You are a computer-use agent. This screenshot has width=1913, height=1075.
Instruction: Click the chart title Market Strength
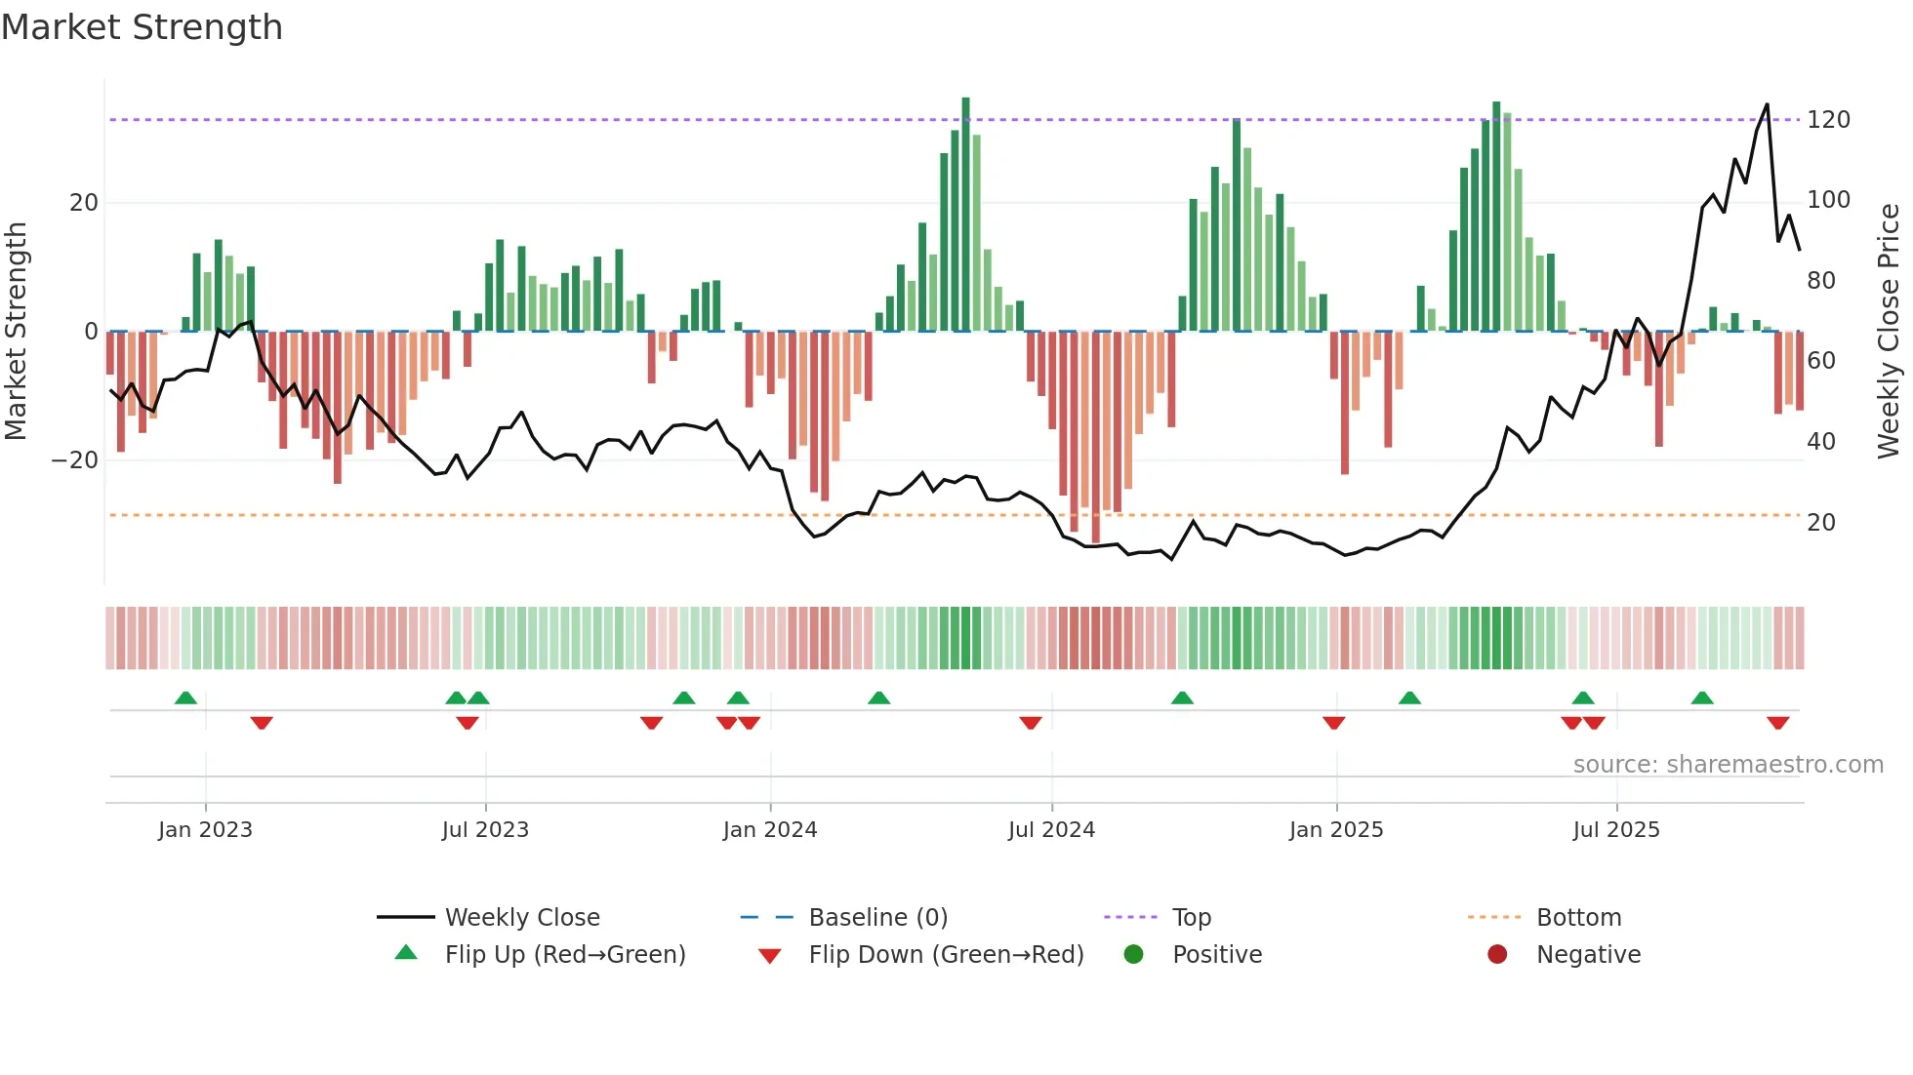pyautogui.click(x=142, y=27)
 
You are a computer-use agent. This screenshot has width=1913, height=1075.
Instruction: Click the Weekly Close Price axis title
pyautogui.click(x=1889, y=331)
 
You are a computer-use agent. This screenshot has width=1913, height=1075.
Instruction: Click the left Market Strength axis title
pyautogui.click(x=16, y=331)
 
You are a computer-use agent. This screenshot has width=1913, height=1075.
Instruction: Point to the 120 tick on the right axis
pyautogui.click(x=1827, y=120)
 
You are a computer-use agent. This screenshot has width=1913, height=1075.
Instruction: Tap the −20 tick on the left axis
pyautogui.click(x=76, y=460)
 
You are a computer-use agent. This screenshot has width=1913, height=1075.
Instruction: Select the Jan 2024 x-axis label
pyautogui.click(x=769, y=830)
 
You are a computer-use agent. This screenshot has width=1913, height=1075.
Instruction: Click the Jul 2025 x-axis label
pyautogui.click(x=1615, y=830)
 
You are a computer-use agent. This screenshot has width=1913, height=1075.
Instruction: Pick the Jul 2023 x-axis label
pyautogui.click(x=485, y=830)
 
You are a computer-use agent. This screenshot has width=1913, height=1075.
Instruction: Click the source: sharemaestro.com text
pyautogui.click(x=1728, y=765)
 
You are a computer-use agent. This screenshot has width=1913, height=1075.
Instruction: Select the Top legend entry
pyautogui.click(x=1191, y=918)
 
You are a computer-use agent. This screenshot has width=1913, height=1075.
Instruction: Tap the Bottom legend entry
pyautogui.click(x=1578, y=918)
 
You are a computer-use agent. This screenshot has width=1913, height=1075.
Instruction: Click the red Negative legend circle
pyautogui.click(x=1496, y=954)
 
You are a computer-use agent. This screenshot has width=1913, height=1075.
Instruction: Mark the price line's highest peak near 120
pyautogui.click(x=1767, y=105)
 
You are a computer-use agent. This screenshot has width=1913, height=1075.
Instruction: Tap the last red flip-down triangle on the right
pyautogui.click(x=1777, y=723)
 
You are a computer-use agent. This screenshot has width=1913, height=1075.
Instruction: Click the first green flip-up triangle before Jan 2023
pyautogui.click(x=185, y=697)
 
